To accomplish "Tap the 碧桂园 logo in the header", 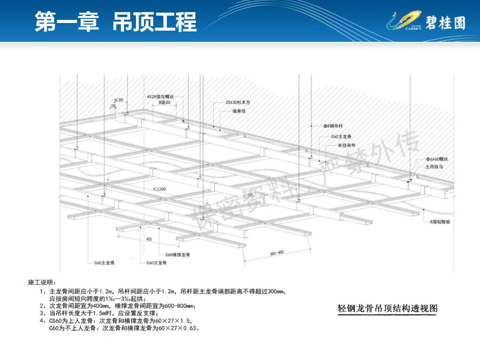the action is [x=426, y=22].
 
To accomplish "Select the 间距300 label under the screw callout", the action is [x=165, y=102].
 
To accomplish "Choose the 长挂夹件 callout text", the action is [x=346, y=145].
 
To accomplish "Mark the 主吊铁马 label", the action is [x=434, y=166].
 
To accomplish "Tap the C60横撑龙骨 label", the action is [x=178, y=255].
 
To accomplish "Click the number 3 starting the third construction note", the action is [x=42, y=313].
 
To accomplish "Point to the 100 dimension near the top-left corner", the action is [x=112, y=106].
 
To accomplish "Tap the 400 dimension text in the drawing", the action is [x=149, y=240].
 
